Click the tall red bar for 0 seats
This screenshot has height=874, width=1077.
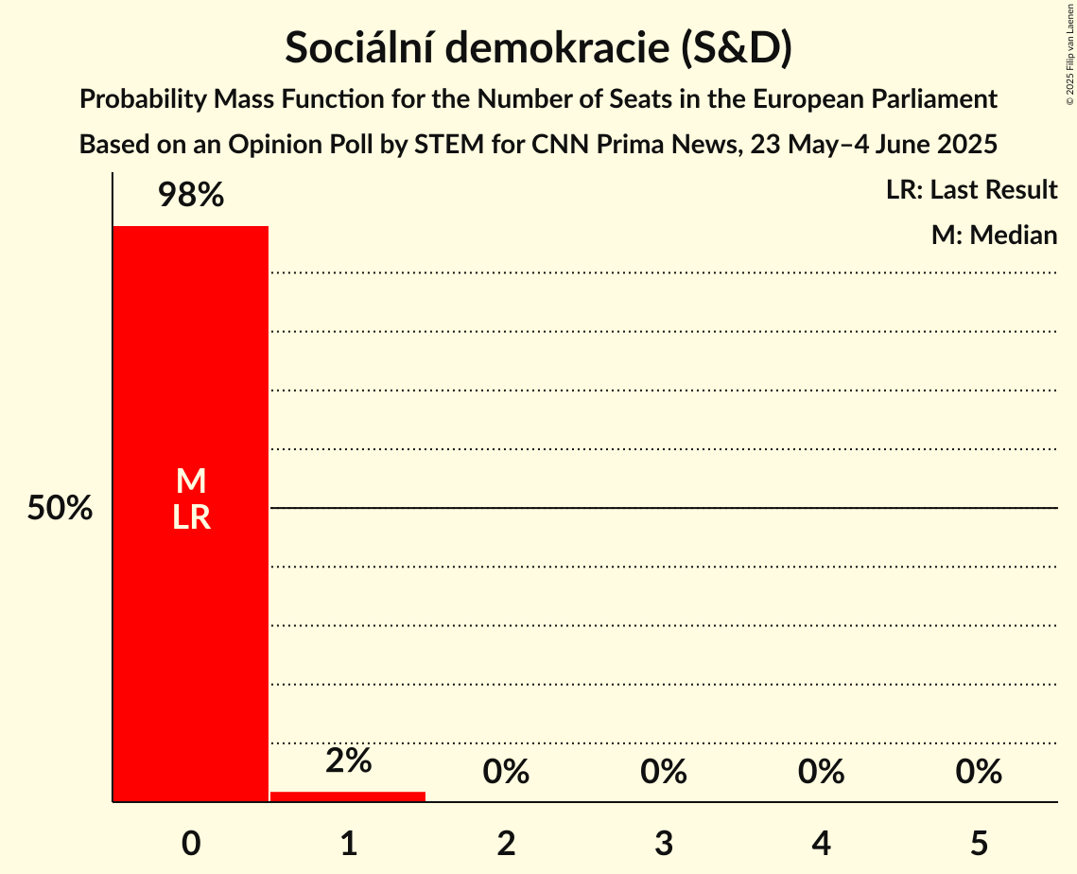point(190,615)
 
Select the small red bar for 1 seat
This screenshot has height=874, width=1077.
point(348,796)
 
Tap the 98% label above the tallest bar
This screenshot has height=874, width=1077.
point(190,196)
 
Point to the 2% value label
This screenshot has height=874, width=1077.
point(348,760)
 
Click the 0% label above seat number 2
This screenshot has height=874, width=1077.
point(506,772)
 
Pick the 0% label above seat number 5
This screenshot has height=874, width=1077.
point(979,772)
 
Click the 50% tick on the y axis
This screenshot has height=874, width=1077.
point(60,509)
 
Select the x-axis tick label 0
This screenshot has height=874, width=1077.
point(191,843)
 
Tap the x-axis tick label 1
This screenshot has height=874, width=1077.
point(348,843)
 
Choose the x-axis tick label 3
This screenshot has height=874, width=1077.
point(664,843)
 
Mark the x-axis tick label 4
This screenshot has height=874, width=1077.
point(821,843)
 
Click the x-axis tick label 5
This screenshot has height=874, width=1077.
point(979,843)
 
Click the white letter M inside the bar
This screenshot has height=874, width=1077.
point(191,481)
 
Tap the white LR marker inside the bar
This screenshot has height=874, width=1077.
point(191,517)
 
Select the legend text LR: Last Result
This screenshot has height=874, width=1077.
point(971,190)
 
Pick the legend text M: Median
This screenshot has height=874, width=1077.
point(994,235)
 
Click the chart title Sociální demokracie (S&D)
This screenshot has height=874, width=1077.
point(538,48)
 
